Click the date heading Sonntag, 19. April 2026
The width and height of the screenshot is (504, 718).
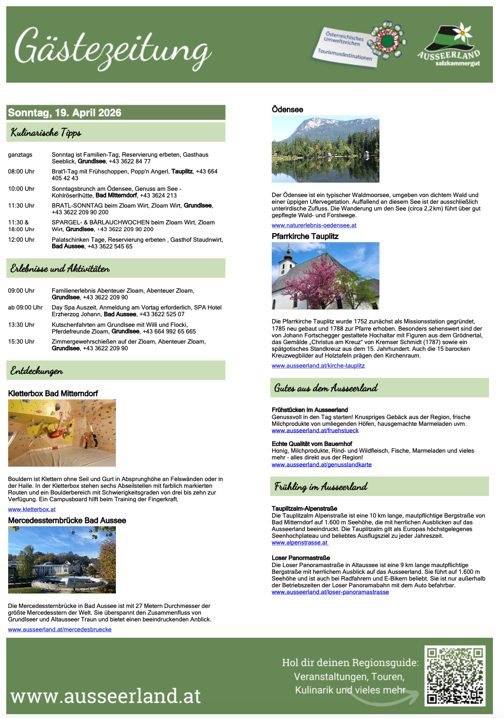[x=65, y=113]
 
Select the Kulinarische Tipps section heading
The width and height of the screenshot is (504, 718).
[x=46, y=133]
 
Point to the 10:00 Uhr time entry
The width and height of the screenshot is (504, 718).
[x=21, y=189]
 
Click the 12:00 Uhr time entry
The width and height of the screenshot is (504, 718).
[x=21, y=240]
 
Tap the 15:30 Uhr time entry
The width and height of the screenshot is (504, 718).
[x=21, y=342]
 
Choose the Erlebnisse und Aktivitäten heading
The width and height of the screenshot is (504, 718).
[x=60, y=269]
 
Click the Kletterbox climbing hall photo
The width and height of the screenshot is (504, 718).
[x=62, y=433]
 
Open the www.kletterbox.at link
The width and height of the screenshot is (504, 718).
[x=32, y=509]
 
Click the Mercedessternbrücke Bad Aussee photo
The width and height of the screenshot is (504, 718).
[x=62, y=560]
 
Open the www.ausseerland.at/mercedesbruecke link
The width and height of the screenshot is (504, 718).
[x=60, y=630]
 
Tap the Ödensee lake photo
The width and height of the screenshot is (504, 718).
[x=326, y=149]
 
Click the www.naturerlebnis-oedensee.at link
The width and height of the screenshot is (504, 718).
[x=314, y=225]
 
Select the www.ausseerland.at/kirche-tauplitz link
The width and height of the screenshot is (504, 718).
[x=318, y=366]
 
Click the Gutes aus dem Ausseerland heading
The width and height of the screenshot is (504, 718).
[x=326, y=388]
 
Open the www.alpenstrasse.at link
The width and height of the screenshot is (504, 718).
[x=300, y=543]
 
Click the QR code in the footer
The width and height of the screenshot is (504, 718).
[x=455, y=676]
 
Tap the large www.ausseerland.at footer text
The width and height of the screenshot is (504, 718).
[x=105, y=696]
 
